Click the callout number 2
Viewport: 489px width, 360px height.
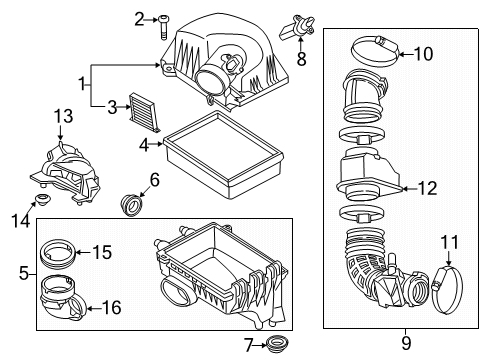[139, 18]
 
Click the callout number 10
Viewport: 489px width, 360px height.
[423, 54]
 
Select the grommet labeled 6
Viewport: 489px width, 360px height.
[130, 206]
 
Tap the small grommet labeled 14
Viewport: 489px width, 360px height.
[43, 208]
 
